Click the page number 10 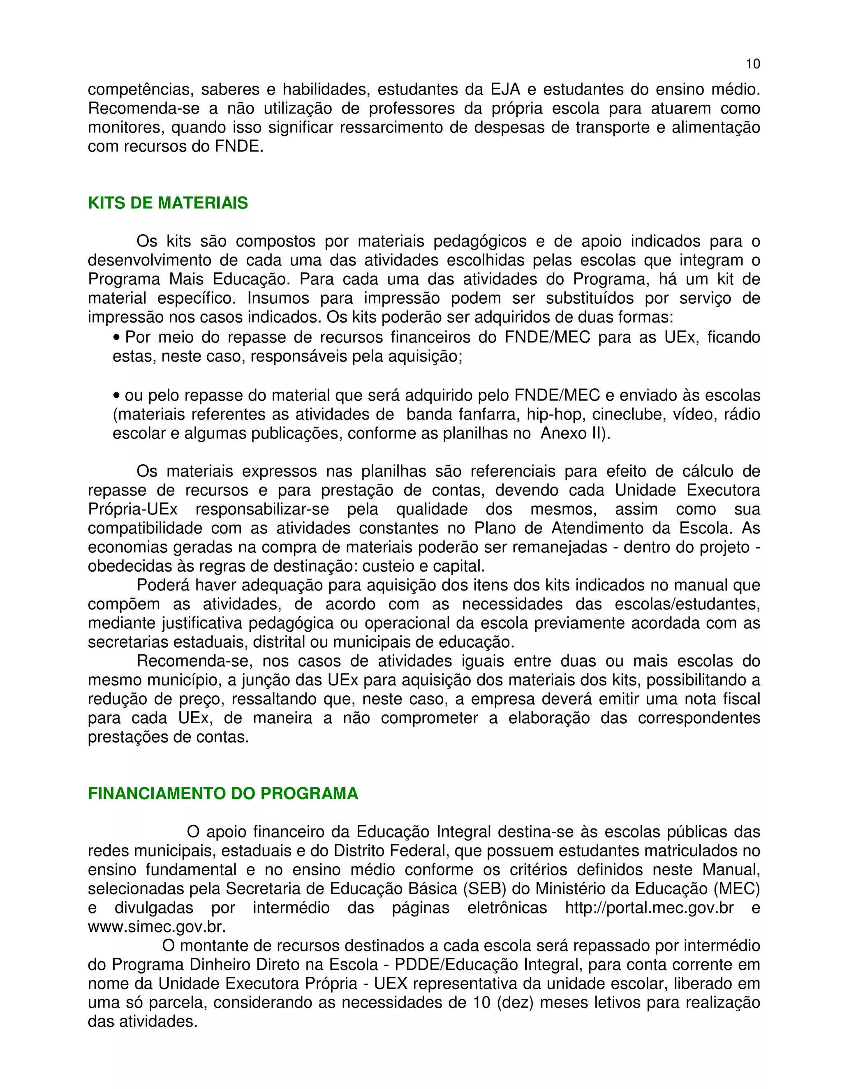click(x=753, y=64)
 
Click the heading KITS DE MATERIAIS click(x=168, y=203)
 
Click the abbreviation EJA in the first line click(x=505, y=90)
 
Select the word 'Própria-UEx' click(x=132, y=510)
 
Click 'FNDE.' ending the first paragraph click(x=239, y=147)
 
